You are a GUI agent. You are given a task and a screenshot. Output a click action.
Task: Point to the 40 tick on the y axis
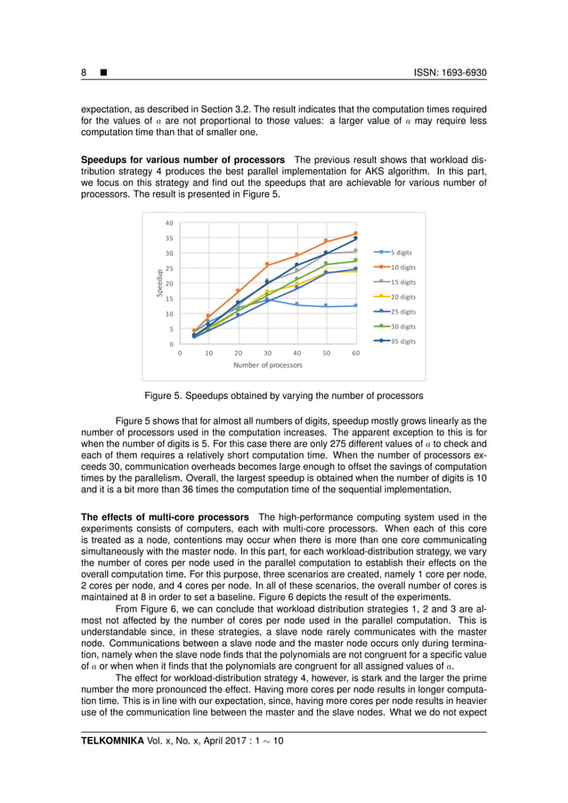pos(169,223)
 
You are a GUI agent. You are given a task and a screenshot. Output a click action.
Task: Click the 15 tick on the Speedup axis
pos(169,299)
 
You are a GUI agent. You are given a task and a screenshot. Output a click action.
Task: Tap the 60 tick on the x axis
pos(355,353)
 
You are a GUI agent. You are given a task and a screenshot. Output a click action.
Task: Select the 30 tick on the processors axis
pos(267,353)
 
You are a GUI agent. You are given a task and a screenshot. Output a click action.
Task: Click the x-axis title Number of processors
pos(267,365)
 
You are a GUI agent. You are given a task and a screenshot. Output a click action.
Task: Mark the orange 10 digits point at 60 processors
pos(355,234)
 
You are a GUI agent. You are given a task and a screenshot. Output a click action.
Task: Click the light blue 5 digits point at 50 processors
pos(326,306)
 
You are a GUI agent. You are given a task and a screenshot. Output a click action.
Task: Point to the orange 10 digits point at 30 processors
pos(267,264)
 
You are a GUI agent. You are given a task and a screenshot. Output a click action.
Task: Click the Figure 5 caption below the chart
pos(284,395)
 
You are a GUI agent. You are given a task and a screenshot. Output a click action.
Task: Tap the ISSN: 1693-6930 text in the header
pos(450,73)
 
